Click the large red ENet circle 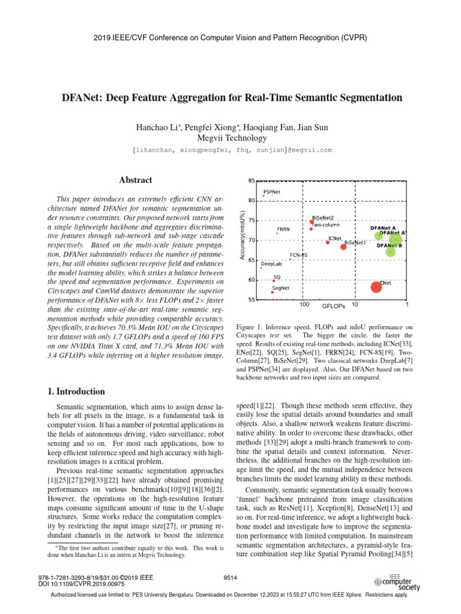point(376,287)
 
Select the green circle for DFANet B point(391,252)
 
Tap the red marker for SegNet point(272,293)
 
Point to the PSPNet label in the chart point(271,192)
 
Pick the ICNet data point point(328,242)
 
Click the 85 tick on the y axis point(251,180)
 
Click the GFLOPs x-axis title point(333,306)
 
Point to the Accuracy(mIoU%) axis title point(243,236)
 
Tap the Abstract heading point(136,180)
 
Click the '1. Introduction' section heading point(76,392)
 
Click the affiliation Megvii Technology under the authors point(230,138)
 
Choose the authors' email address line point(230,150)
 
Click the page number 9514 point(230,577)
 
